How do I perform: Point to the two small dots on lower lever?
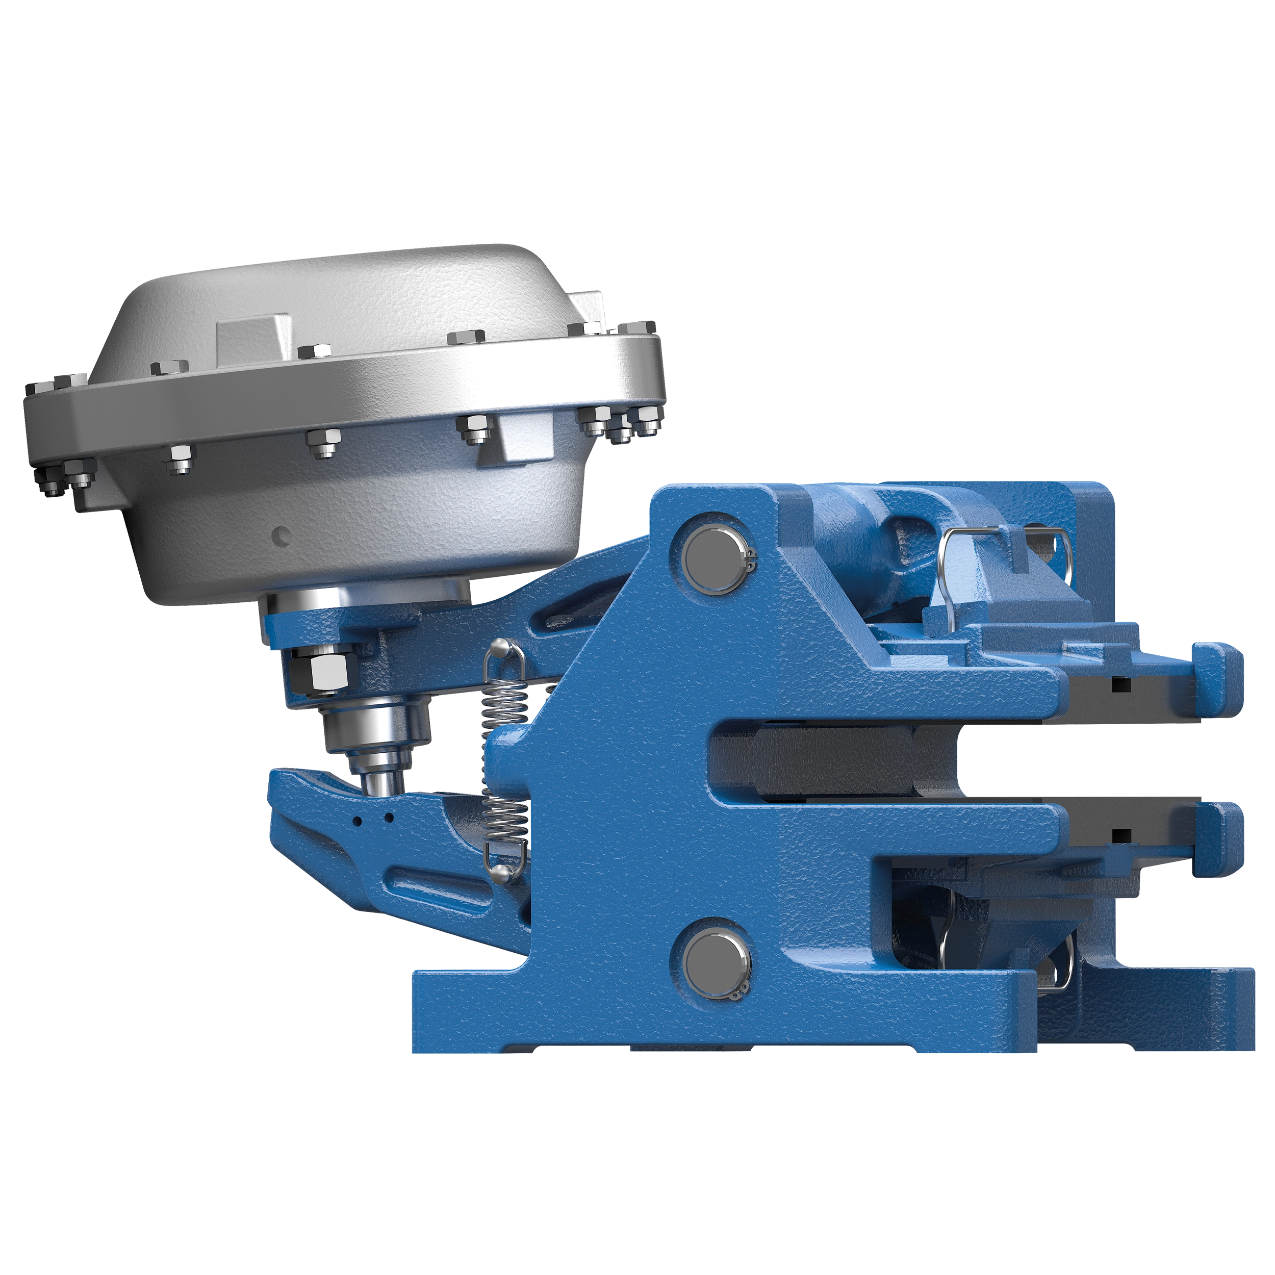373,820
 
